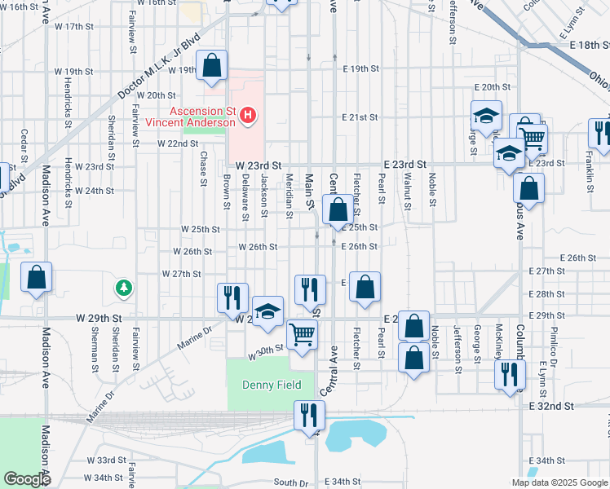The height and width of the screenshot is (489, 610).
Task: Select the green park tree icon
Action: point(123,288)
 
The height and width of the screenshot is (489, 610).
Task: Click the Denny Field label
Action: point(272,385)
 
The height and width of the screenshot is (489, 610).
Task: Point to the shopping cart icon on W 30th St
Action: point(303,334)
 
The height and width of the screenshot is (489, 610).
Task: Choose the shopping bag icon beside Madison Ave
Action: point(37,278)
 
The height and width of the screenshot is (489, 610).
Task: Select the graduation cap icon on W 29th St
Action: point(267,312)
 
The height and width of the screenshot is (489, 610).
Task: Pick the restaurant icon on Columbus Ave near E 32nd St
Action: point(510,374)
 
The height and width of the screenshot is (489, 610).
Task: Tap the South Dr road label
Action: point(291,482)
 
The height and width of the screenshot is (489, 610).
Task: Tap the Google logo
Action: point(27,479)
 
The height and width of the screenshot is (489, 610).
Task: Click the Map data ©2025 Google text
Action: point(559,482)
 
